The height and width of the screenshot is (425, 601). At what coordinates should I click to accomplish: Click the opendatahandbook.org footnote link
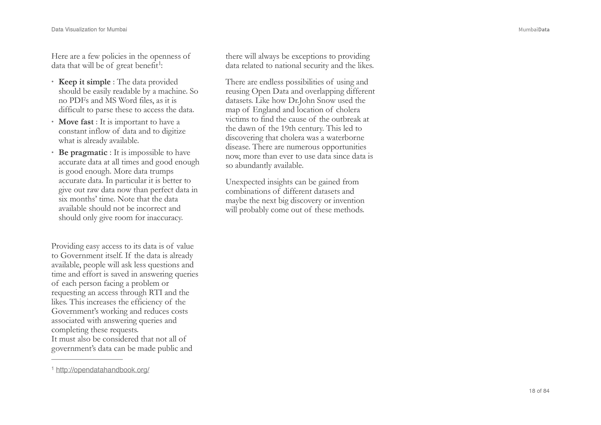point(102,370)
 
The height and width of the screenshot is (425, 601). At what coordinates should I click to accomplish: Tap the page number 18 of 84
point(539,391)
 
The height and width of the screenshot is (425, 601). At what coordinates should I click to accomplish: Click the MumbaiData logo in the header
point(534,29)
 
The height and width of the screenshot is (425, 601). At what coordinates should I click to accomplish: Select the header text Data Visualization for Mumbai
point(89,29)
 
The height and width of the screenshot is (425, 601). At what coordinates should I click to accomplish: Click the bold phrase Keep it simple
point(84,82)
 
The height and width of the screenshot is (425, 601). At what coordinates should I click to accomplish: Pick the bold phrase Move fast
point(76,122)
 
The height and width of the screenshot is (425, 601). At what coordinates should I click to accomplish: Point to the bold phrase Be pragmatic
point(83,153)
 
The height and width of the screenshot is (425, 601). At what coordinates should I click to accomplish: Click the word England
point(267,110)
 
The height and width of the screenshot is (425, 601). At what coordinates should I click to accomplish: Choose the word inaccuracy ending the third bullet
point(164,218)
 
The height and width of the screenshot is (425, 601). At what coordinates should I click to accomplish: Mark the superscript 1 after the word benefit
point(160,64)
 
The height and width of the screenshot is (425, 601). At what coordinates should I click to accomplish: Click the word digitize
point(174,131)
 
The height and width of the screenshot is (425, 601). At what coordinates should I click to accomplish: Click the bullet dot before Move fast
point(53,122)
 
